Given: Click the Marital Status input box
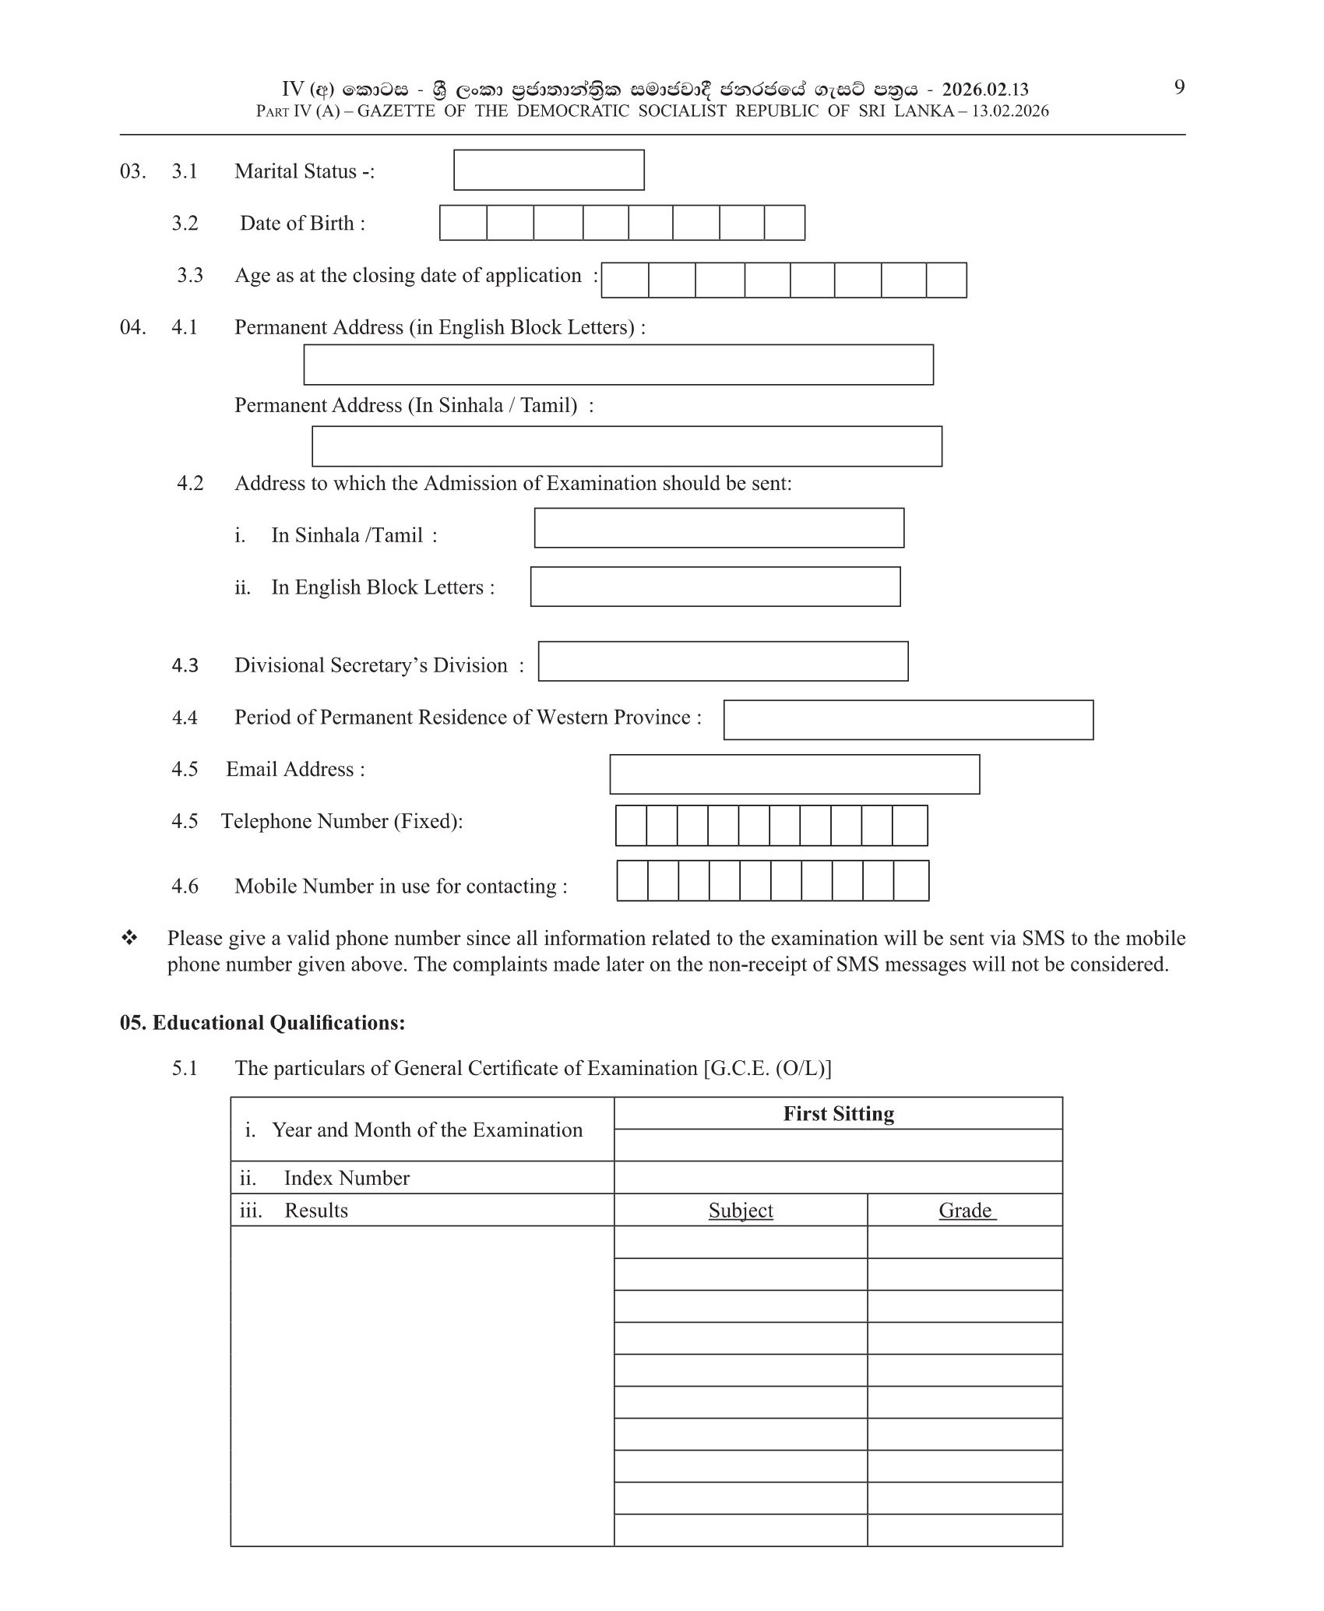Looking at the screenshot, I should pyautogui.click(x=548, y=170).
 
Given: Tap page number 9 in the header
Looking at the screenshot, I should pyautogui.click(x=1179, y=87).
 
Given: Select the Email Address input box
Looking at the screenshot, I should pyautogui.click(x=794, y=774).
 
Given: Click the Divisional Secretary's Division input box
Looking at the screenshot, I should pyautogui.click(x=723, y=661).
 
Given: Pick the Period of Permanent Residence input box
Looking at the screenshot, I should pyautogui.click(x=908, y=720).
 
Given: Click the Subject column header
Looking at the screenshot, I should pyautogui.click(x=741, y=1211).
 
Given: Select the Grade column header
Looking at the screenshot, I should pyautogui.click(x=966, y=1211).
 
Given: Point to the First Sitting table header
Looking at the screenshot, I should pyautogui.click(x=838, y=1114).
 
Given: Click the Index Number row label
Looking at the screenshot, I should pyautogui.click(x=347, y=1178).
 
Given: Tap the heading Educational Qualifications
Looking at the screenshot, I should pyautogui.click(x=262, y=1023).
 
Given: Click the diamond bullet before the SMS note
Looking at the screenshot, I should pyautogui.click(x=129, y=938).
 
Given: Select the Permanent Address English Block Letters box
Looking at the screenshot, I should pyautogui.click(x=618, y=365).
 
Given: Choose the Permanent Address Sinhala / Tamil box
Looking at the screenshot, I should pyautogui.click(x=627, y=446).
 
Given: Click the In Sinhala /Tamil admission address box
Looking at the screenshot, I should pyautogui.click(x=719, y=528).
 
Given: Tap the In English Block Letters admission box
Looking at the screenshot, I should pyautogui.click(x=715, y=587).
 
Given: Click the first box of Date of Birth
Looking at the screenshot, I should pyautogui.click(x=463, y=223).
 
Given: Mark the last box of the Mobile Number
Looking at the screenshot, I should pyautogui.click(x=911, y=881).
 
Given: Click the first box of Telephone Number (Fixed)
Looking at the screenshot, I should pyautogui.click(x=631, y=826).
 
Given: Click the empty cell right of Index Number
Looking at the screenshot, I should pyautogui.click(x=838, y=1178).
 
